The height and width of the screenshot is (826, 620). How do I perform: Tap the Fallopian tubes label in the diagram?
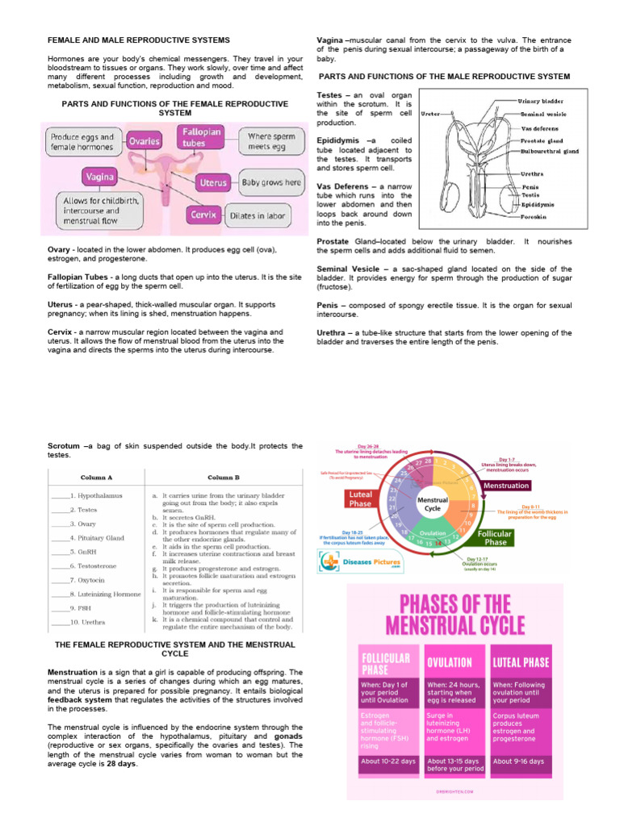199,137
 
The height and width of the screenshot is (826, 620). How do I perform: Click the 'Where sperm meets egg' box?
270,142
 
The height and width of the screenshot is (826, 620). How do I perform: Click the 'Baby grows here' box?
271,183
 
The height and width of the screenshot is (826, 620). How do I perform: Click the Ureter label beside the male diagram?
430,114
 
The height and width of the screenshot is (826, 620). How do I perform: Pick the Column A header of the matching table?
96,477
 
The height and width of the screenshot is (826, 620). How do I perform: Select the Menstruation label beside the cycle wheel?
505,486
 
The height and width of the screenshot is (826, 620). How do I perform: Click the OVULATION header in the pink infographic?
450,662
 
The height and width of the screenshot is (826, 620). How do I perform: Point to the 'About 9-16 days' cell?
519,761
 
